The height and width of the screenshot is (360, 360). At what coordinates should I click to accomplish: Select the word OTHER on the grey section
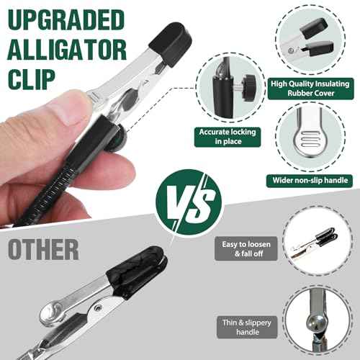[43, 249]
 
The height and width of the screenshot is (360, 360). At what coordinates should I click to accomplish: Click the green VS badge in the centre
[189, 197]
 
